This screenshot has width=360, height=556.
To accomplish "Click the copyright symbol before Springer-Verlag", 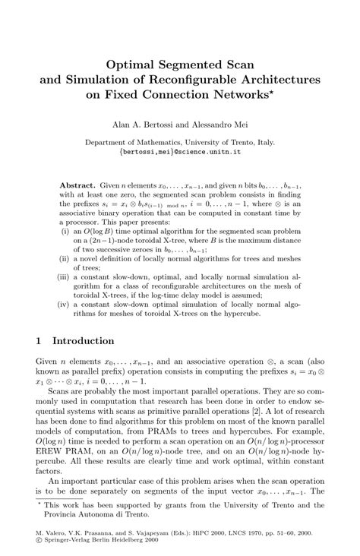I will [39, 543].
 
